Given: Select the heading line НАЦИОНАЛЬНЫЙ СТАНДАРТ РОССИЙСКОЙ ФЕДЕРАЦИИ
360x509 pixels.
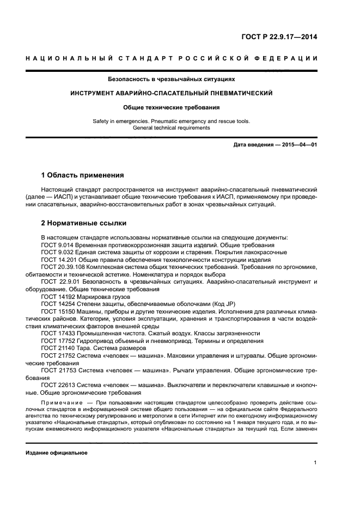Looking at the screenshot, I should coord(172,59).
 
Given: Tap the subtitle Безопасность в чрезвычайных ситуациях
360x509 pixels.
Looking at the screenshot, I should coord(172,79).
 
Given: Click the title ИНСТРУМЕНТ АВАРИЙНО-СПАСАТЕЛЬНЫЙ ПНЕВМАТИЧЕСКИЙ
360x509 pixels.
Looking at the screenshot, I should coord(172,94).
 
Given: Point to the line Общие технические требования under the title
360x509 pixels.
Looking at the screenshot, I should coord(172,108).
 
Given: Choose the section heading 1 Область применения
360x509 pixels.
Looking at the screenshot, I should coord(82,175).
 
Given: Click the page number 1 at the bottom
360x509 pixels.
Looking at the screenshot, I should coord(315,463).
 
